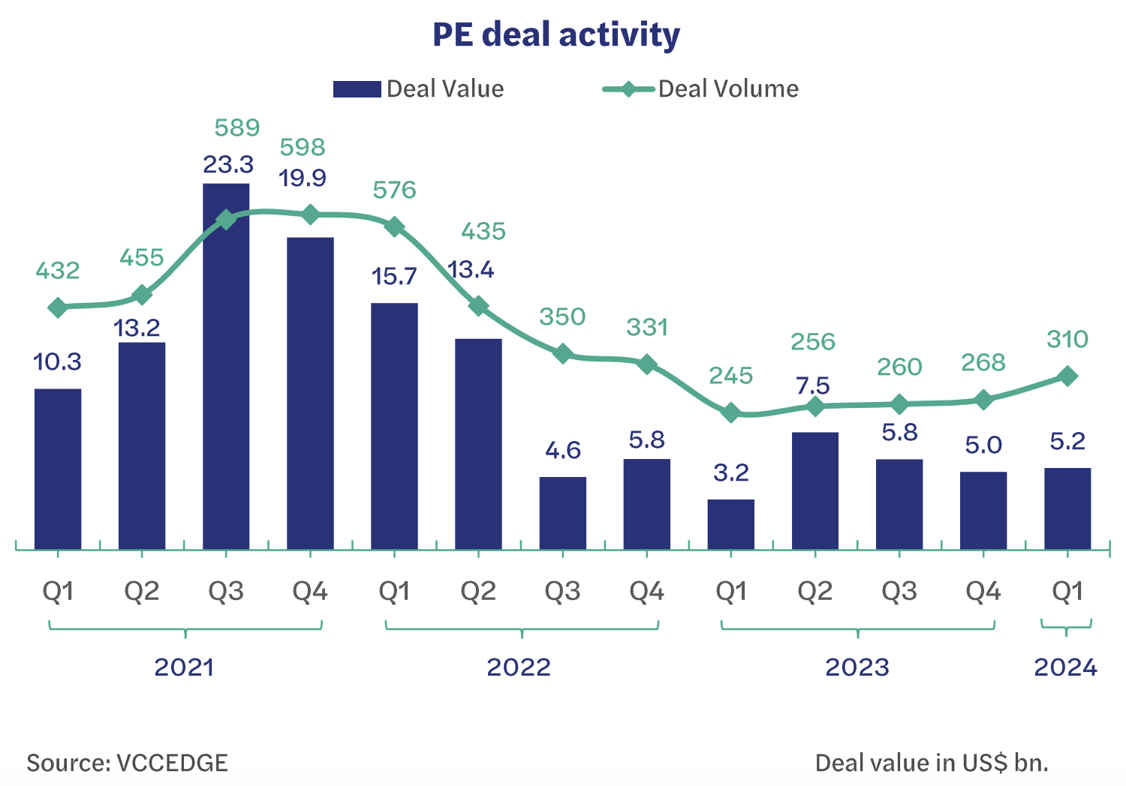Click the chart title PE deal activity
coord(555,35)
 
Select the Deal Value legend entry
coord(418,89)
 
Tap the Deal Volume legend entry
coord(700,89)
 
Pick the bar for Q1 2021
coord(58,469)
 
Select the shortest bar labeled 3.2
coord(730,524)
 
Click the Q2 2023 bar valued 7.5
coord(814,490)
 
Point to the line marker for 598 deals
coord(310,215)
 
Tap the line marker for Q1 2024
coord(1067,376)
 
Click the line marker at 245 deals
coord(730,413)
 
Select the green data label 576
coord(394,190)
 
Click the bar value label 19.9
coord(303,178)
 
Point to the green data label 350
coord(562,316)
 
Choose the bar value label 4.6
coord(562,450)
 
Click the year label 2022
coord(519,667)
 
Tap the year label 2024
coord(1065,667)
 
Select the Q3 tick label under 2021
coord(226,592)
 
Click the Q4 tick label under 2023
coord(983,592)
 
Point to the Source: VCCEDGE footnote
coord(127,763)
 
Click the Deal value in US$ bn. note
coord(932,763)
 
